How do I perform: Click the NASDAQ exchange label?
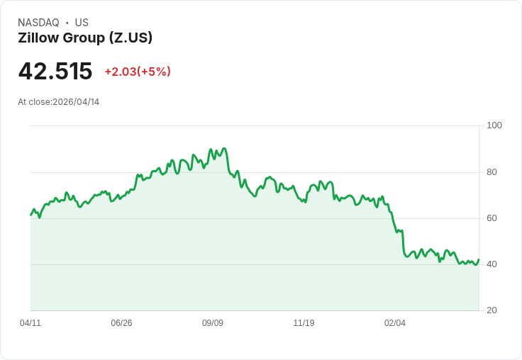[38, 23]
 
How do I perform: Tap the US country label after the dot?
[82, 23]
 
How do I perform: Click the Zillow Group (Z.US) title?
[85, 38]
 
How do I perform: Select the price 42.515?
[55, 72]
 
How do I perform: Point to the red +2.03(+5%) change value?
[138, 72]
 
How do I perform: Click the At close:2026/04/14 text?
[59, 102]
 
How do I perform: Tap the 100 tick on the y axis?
[494, 125]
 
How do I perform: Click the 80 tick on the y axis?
[492, 172]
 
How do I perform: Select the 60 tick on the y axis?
[492, 218]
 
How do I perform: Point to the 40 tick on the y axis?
[492, 264]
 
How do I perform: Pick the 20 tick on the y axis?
[492, 310]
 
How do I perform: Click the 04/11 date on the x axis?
[30, 323]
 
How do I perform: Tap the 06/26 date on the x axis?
[121, 323]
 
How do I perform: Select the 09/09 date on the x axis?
[213, 323]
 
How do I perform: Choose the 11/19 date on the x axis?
[304, 323]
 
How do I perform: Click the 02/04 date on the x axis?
[395, 323]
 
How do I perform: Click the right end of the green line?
[479, 259]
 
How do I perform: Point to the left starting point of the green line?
[31, 214]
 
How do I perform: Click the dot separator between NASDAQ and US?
[67, 23]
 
